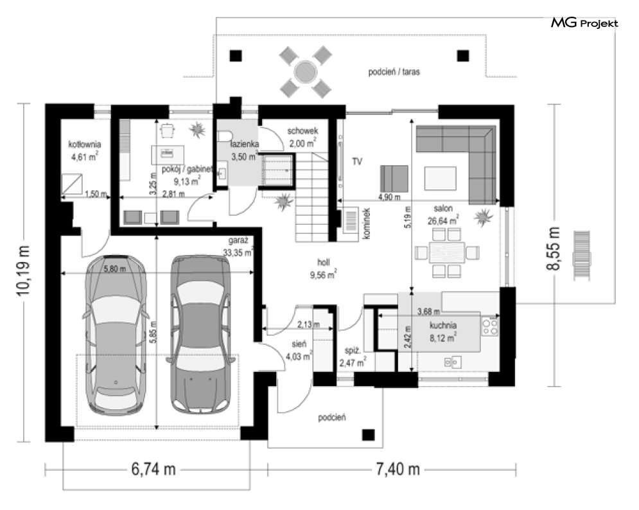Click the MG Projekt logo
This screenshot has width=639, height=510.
point(585,23)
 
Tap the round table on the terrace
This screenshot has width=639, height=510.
point(305,72)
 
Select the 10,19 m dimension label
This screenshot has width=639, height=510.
point(23,270)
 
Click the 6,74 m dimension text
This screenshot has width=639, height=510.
point(153,470)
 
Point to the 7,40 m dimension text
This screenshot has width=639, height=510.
point(398,470)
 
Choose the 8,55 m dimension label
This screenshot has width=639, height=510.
point(553,249)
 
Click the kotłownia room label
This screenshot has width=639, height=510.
point(84,144)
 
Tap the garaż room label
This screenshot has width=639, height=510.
point(235,240)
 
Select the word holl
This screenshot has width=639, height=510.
point(324,262)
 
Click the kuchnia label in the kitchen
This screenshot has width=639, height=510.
point(443,325)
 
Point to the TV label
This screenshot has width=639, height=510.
point(357,162)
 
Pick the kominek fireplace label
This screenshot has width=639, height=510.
point(366,224)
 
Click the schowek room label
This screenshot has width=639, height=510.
point(302,131)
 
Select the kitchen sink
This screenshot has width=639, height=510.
point(453,362)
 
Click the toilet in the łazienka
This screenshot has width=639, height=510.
point(225,136)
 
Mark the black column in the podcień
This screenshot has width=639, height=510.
point(369,435)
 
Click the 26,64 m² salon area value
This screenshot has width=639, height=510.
point(443,220)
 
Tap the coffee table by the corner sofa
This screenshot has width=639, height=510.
point(440,178)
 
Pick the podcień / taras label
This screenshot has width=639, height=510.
point(394,72)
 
